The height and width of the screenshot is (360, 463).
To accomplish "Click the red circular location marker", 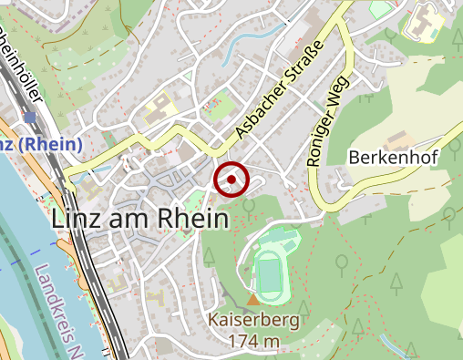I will [x=231, y=180].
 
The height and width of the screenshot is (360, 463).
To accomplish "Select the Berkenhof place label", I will [x=394, y=158].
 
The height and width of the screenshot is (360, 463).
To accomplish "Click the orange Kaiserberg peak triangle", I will [x=253, y=300].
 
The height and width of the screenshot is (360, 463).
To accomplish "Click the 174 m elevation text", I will [x=256, y=342].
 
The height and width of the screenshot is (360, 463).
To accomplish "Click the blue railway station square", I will [x=30, y=118].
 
